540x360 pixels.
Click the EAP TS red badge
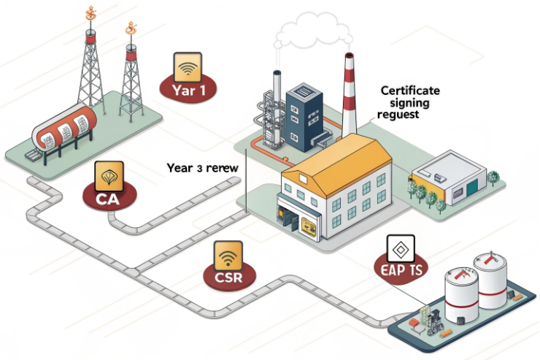[x=399, y=270]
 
